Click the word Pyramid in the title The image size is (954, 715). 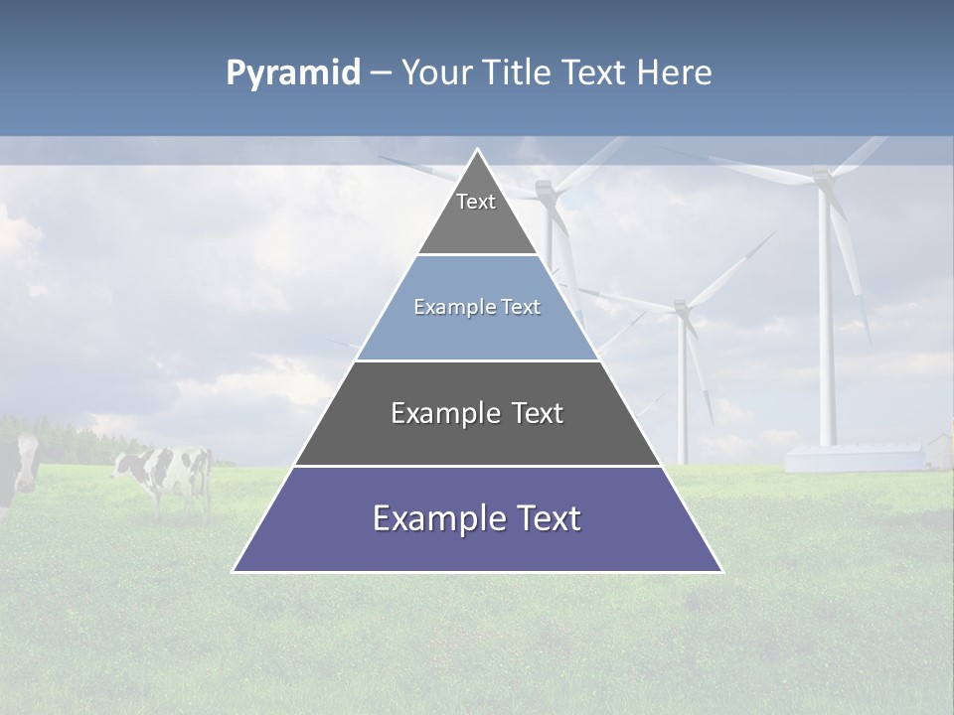pos(293,72)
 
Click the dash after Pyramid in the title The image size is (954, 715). pos(380,73)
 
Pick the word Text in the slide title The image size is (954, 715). pos(596,72)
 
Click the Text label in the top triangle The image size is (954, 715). pos(476,202)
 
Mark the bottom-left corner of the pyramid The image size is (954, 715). pos(234,571)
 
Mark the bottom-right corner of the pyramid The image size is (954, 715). pos(722,571)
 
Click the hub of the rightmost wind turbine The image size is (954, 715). pos(822,177)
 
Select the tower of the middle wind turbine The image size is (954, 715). pos(683,397)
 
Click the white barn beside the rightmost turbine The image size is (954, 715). pos(855,457)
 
